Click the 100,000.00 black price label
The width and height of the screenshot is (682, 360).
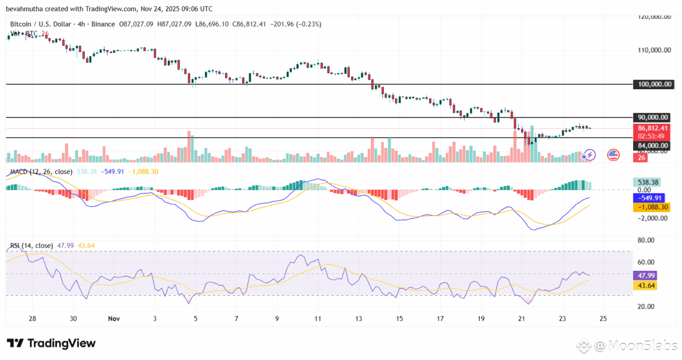pos(654,84)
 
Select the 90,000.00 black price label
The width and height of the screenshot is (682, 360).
pos(654,118)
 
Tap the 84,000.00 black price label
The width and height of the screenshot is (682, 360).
pos(654,145)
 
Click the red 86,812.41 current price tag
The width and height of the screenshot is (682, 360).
pos(654,128)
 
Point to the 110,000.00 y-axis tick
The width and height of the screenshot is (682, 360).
pos(654,50)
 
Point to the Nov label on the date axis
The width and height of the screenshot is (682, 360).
pos(114,319)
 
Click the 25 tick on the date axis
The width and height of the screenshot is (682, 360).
pos(602,319)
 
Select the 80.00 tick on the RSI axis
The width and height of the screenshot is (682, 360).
pos(646,240)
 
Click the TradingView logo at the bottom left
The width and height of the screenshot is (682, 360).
pos(51,343)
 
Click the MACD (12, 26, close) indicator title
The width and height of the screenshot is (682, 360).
pos(41,172)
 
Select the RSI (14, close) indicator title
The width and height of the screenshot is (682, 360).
pos(32,245)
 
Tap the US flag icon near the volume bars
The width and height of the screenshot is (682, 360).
pos(613,155)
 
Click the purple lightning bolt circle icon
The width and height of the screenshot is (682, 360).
pos(589,155)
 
